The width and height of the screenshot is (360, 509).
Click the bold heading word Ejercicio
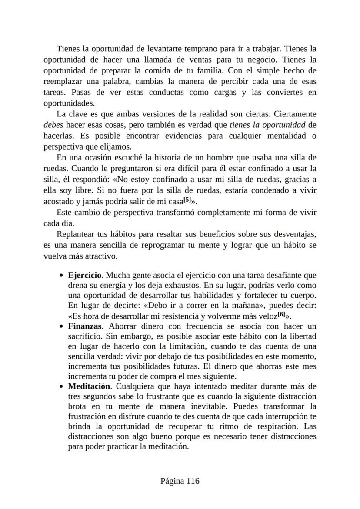click(x=85, y=276)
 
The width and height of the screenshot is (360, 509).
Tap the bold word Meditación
click(x=89, y=386)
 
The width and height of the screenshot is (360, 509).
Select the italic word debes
click(x=53, y=125)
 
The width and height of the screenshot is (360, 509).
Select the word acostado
click(x=60, y=202)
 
